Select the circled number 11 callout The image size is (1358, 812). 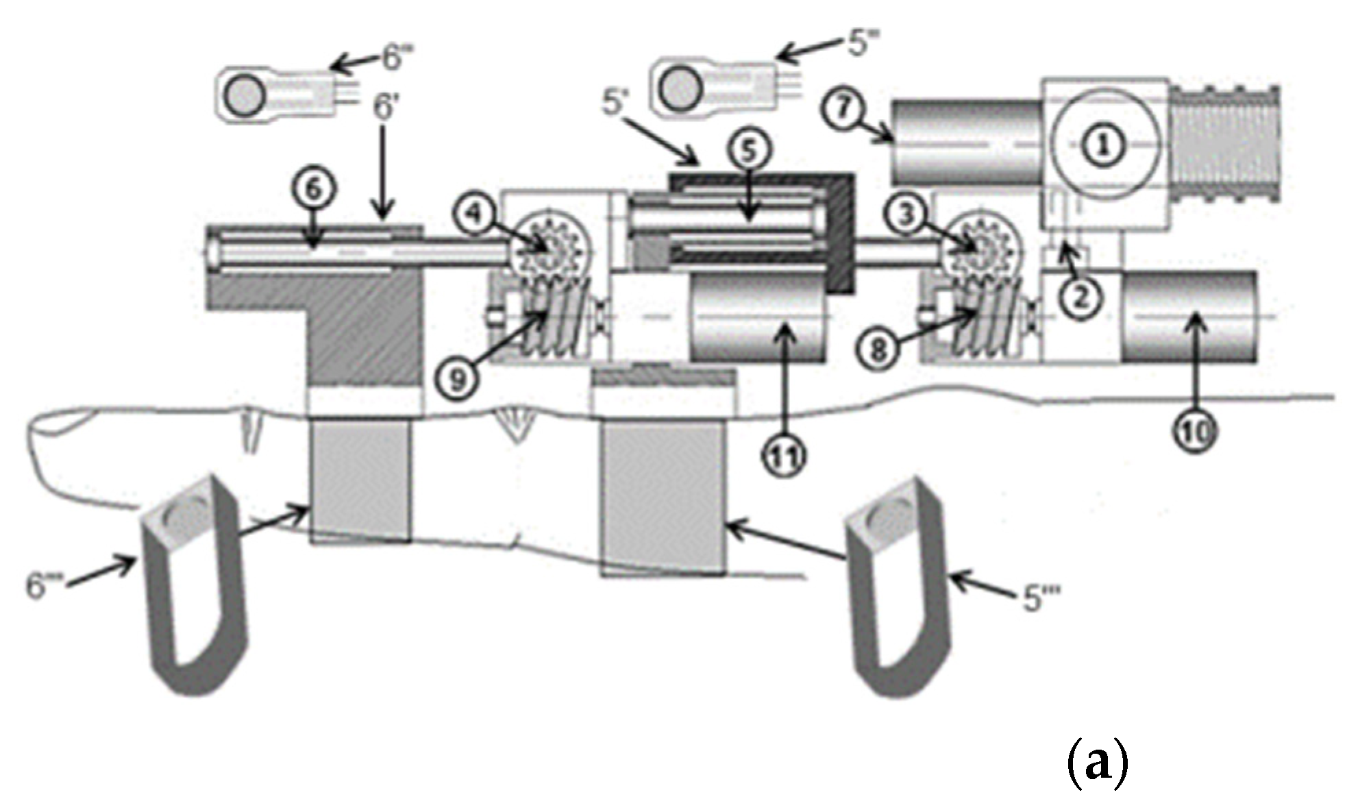[785, 456]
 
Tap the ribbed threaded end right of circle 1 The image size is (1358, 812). [1224, 144]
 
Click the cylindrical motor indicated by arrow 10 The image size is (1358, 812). [1189, 317]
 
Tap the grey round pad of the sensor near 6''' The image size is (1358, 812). [245, 94]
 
